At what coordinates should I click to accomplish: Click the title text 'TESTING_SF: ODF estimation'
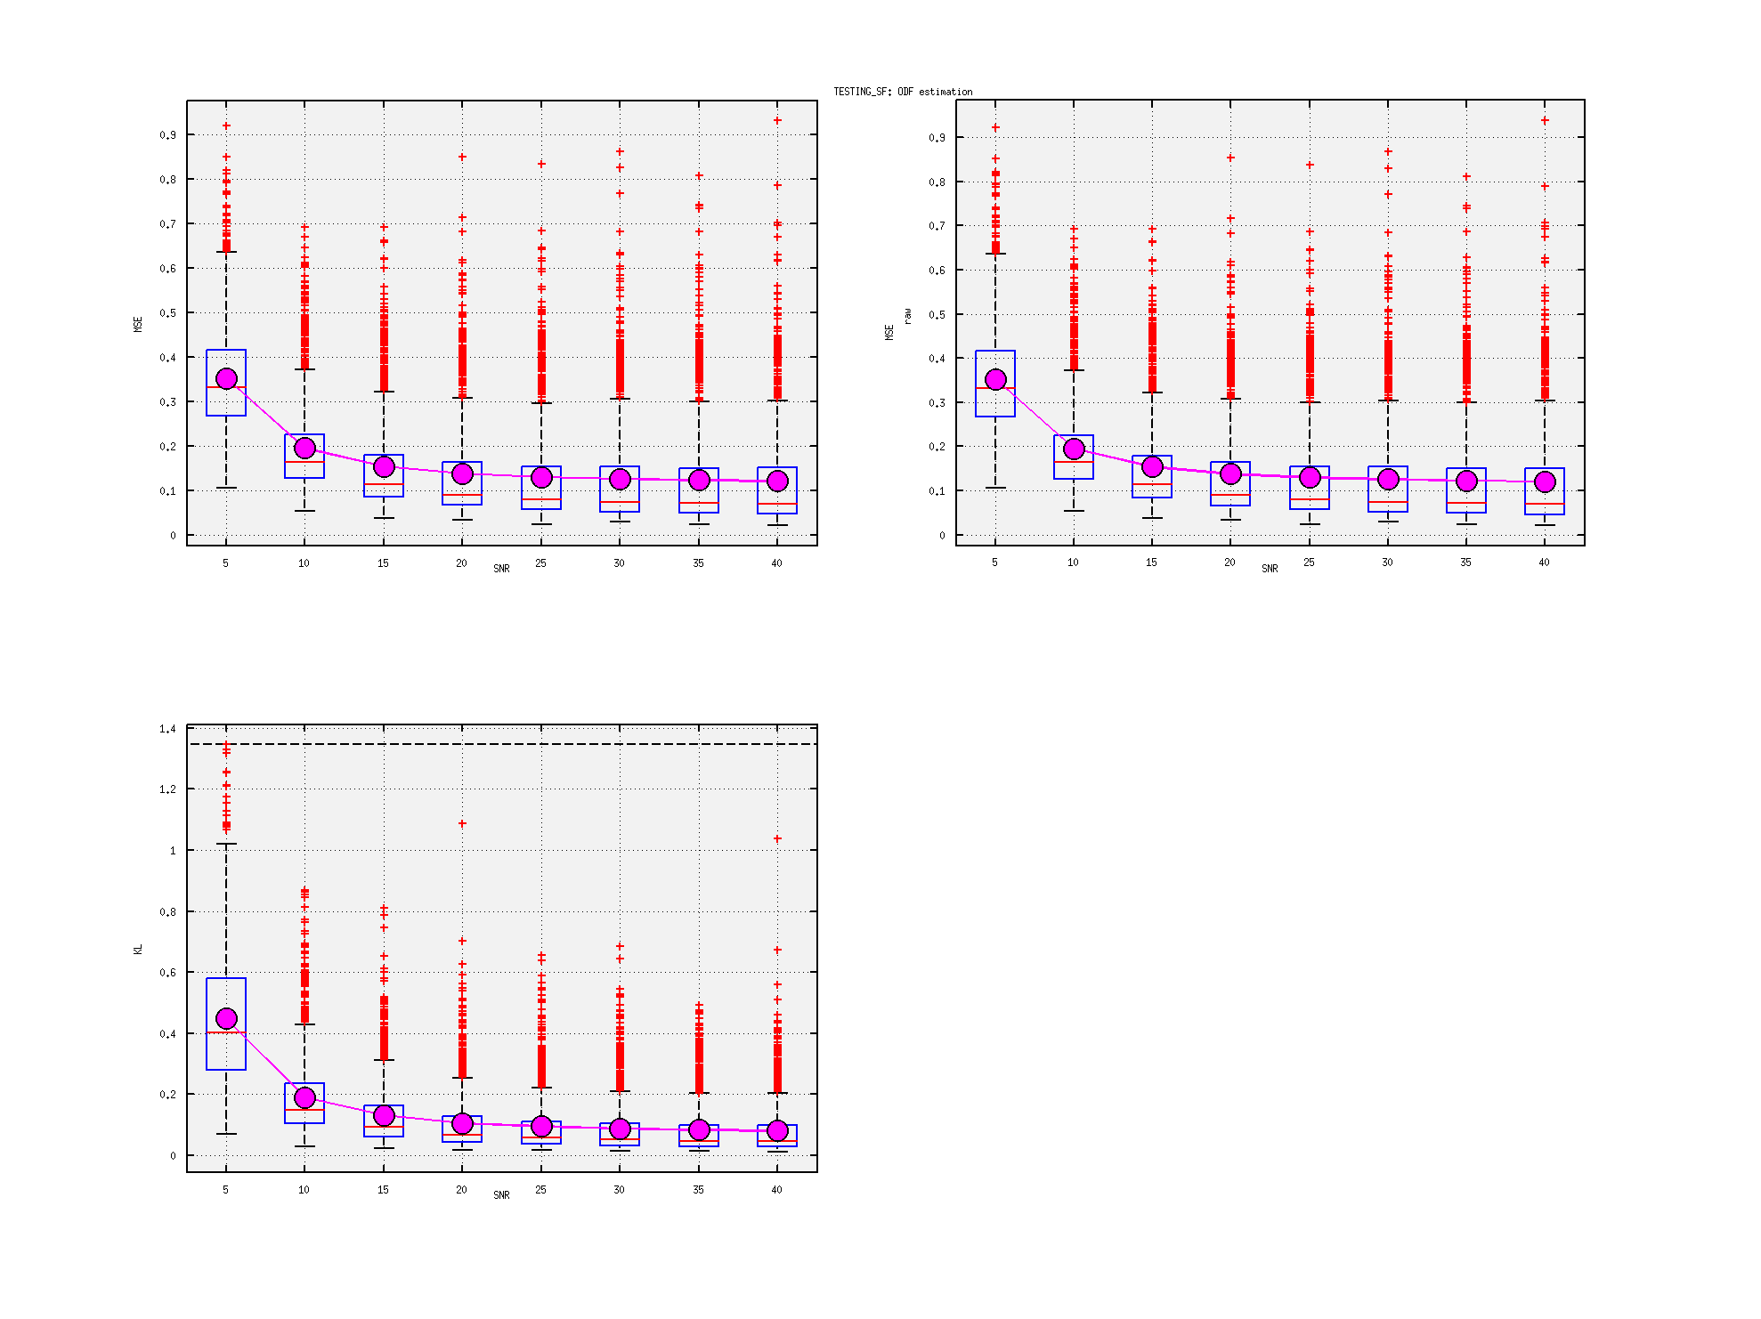point(903,92)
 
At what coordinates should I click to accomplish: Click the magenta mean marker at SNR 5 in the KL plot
point(226,1018)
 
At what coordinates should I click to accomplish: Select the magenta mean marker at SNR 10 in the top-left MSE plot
point(304,448)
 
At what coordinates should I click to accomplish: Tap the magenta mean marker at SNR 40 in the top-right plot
point(1545,481)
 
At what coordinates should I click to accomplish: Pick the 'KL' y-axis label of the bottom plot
point(138,950)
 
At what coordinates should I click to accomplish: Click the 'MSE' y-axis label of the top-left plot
point(138,324)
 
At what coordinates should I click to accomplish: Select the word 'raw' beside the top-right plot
point(907,316)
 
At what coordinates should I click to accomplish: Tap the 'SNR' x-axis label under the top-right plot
point(1270,569)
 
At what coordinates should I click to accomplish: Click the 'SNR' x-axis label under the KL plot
point(501,1195)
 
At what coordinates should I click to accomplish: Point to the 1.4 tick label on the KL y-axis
point(167,729)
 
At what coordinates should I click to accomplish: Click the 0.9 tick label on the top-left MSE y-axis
point(167,135)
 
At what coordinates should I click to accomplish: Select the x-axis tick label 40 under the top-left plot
point(776,563)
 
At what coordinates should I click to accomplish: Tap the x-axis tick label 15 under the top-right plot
point(1151,562)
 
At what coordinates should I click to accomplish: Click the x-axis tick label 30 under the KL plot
point(619,1190)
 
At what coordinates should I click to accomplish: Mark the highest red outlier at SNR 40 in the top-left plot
point(777,120)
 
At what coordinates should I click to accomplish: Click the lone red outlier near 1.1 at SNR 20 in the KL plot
point(462,823)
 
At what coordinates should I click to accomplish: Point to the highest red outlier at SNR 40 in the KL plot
point(777,838)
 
